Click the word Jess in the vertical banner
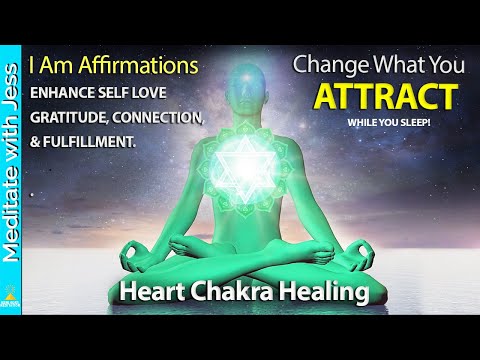[x=13, y=76]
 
